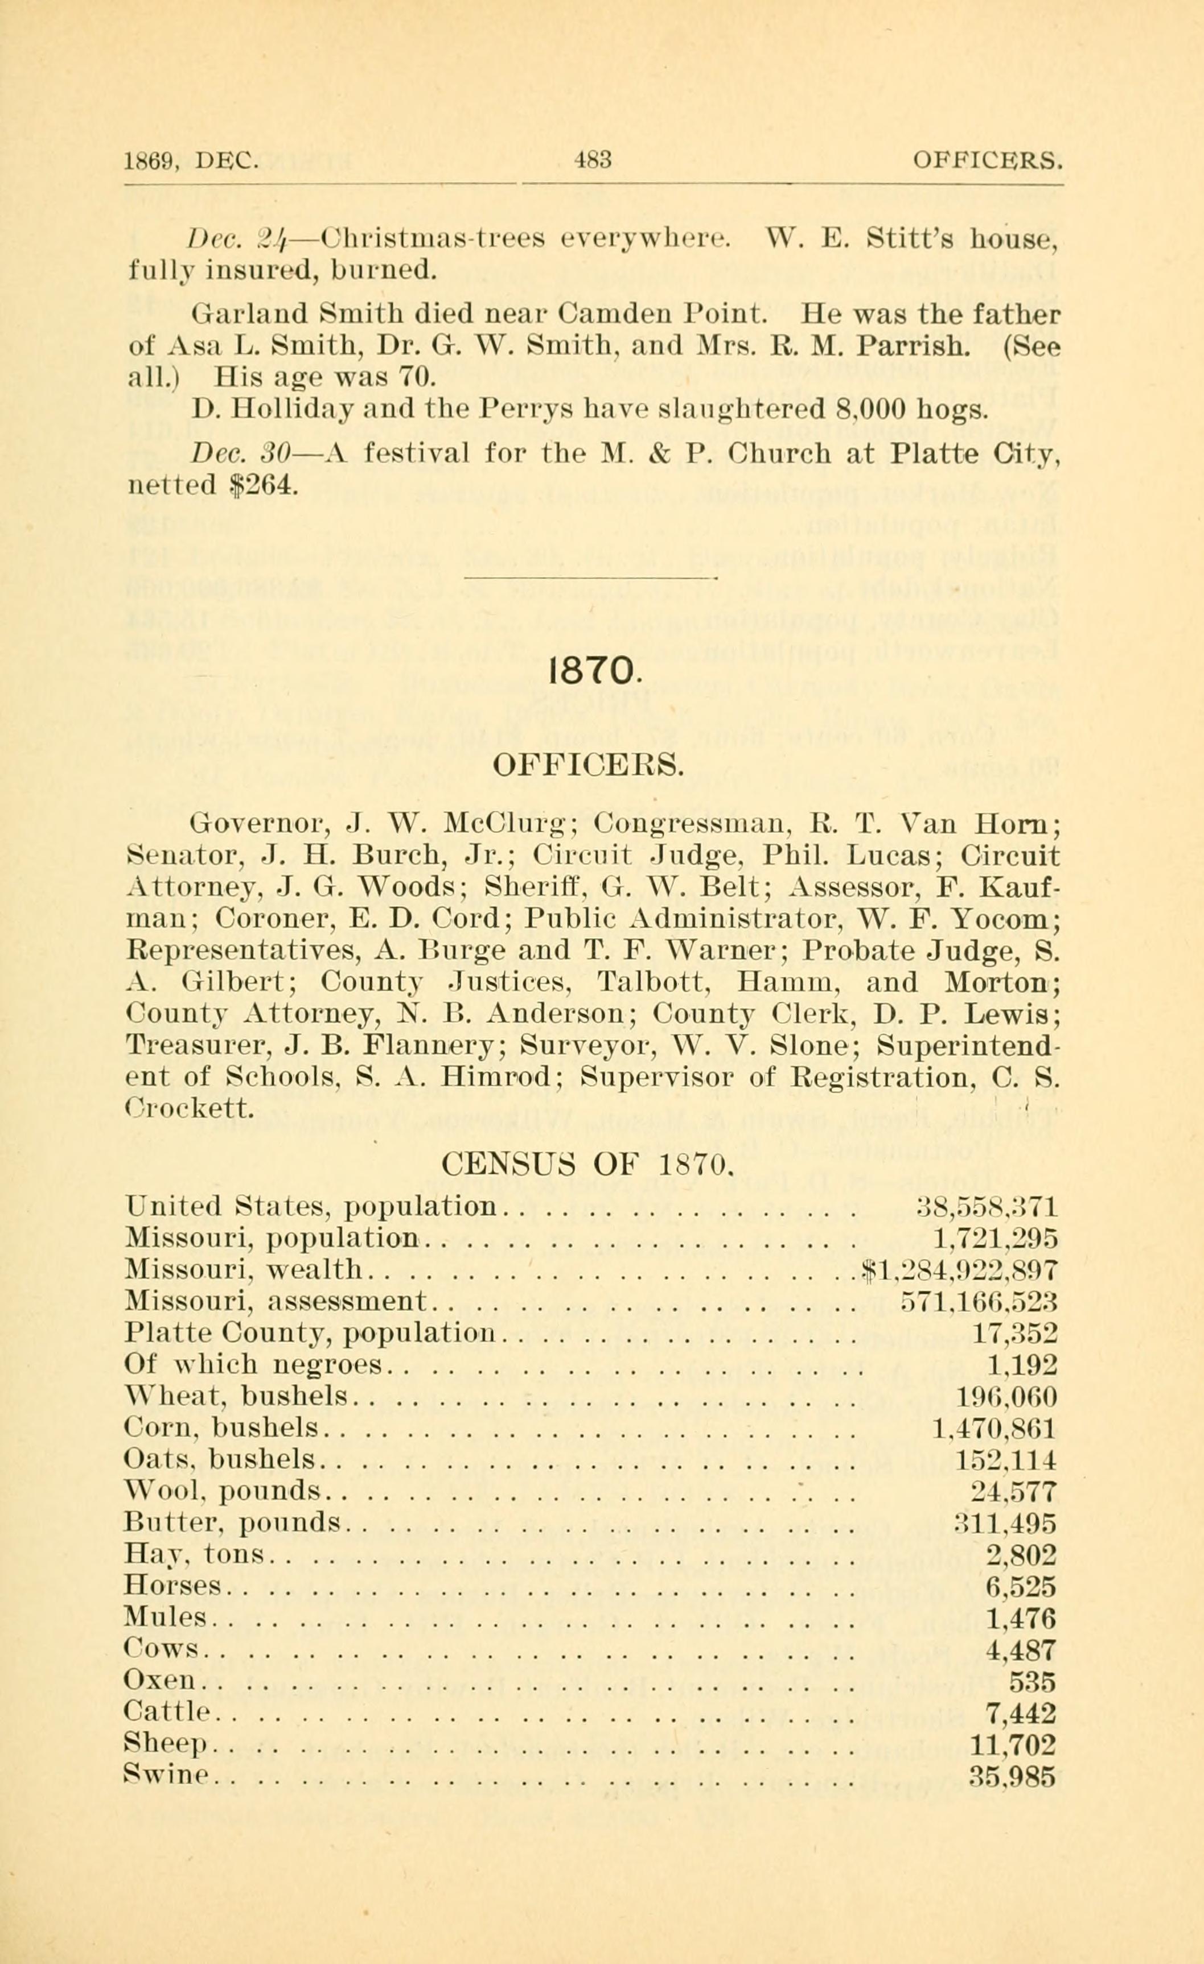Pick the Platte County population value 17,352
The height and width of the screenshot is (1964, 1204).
(x=1014, y=1332)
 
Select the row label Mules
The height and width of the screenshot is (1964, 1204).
(x=165, y=1618)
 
